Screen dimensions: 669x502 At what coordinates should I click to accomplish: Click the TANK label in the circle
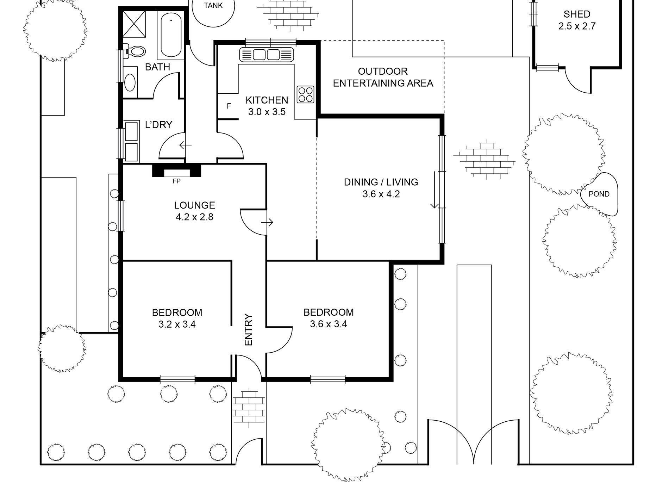[213, 6]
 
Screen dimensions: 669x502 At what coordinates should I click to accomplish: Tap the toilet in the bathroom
[133, 51]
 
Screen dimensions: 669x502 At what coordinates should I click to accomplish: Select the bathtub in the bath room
[171, 35]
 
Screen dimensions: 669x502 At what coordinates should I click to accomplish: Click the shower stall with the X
[134, 22]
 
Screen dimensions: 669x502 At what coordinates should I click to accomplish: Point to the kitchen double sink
[266, 55]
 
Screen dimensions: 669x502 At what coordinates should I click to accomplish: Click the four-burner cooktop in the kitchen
[305, 94]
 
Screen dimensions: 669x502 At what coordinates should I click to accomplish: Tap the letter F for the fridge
[229, 106]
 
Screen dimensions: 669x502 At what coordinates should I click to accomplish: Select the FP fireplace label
[176, 181]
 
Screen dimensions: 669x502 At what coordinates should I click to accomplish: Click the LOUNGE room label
[194, 205]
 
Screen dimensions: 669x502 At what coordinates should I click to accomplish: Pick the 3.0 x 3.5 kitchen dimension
[267, 112]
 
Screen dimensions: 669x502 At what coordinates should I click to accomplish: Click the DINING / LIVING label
[381, 182]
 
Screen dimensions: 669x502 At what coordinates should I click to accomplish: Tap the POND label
[599, 194]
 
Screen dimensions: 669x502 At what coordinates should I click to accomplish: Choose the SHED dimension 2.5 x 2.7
[577, 26]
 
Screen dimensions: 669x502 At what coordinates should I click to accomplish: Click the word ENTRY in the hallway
[249, 330]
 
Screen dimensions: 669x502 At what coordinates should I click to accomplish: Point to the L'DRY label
[158, 125]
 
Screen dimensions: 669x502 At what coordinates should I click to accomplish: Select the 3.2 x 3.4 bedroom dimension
[177, 324]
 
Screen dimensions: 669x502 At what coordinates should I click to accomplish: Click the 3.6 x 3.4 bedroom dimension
[329, 324]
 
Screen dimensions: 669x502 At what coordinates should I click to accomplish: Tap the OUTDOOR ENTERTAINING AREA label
[383, 77]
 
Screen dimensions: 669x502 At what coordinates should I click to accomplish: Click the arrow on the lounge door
[267, 222]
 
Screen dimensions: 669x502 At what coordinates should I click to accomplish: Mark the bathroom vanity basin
[130, 82]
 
